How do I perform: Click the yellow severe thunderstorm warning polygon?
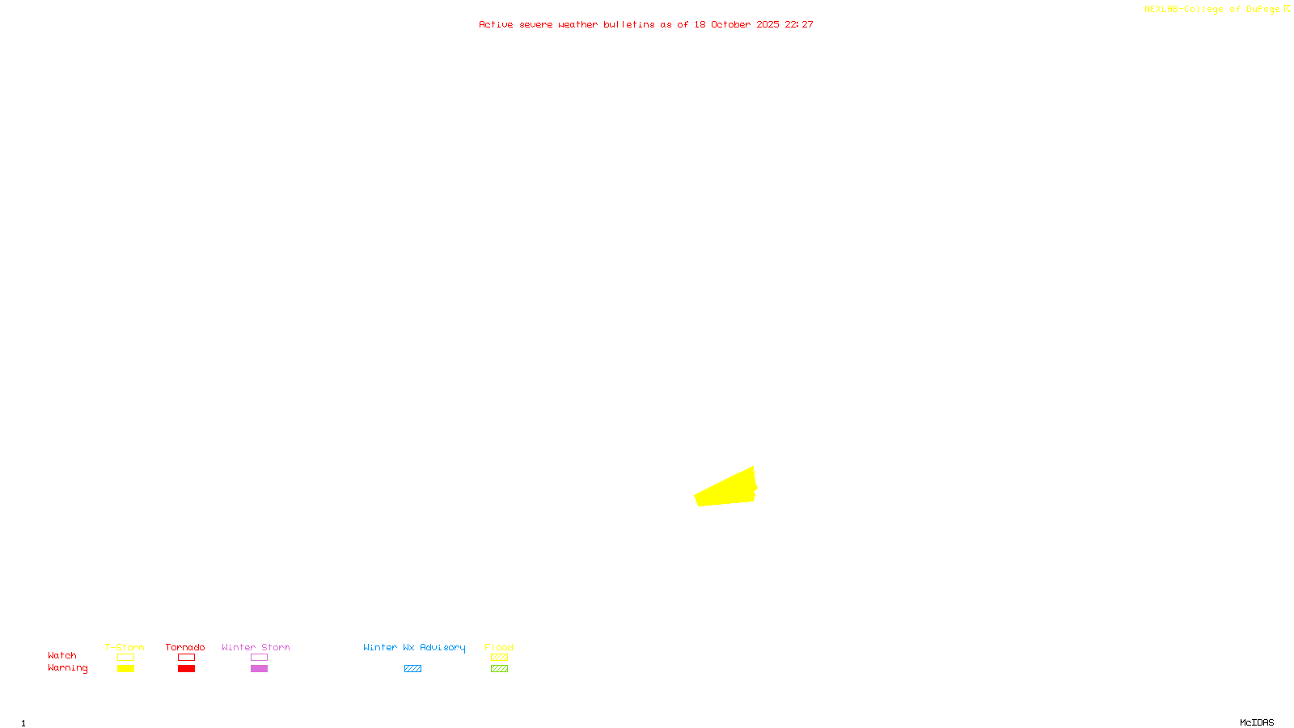click(726, 489)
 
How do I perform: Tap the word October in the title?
click(730, 24)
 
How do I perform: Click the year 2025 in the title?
click(768, 24)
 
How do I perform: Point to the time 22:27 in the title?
click(799, 24)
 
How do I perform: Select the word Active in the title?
click(496, 24)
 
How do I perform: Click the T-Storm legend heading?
click(125, 647)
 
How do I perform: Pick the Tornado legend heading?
click(185, 647)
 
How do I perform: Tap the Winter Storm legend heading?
click(256, 647)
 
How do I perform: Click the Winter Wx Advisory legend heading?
click(414, 647)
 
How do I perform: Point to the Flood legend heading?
click(499, 647)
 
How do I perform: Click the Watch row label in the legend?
click(62, 655)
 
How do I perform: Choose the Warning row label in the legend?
click(67, 668)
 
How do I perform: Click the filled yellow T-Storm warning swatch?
click(125, 669)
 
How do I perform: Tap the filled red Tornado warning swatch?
click(186, 669)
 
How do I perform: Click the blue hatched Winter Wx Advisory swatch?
click(412, 669)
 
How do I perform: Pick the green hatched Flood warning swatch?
click(499, 669)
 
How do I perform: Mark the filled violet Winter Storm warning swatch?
click(259, 669)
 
